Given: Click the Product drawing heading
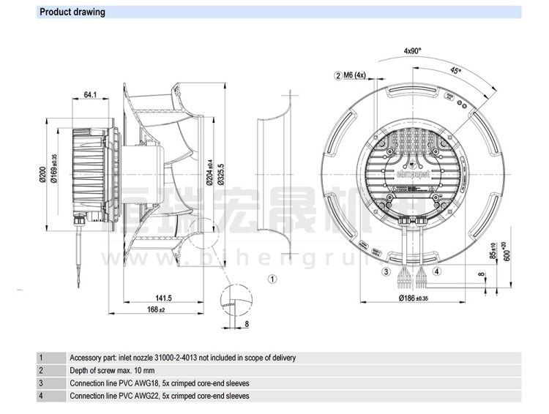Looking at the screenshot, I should coord(72,12).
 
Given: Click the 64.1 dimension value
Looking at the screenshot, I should coord(91,94).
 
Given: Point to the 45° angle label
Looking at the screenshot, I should coord(455,71).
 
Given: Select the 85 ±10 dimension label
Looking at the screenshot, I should coord(493,251).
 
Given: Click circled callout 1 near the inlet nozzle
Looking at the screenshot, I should coord(272,279).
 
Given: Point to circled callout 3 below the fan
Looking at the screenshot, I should coord(386,271).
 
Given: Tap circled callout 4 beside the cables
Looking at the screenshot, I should coord(437,271).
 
